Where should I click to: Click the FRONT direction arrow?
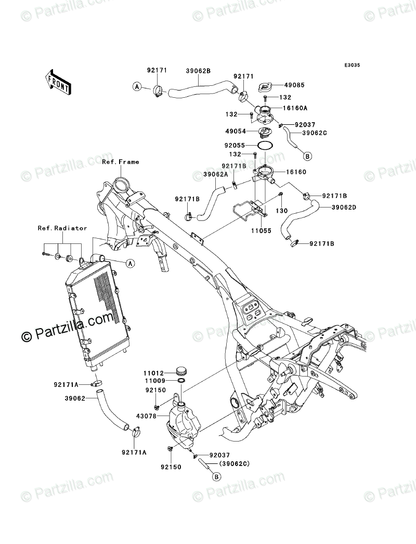point(58,81)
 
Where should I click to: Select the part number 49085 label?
point(294,85)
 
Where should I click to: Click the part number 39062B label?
point(198,71)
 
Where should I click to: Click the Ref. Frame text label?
point(121,162)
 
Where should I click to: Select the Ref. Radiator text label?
point(62,228)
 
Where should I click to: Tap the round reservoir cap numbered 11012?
point(181,371)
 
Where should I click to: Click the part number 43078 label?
point(156,416)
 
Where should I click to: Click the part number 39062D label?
point(344,208)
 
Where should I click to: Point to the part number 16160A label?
point(295,108)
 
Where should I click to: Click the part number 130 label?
point(281,211)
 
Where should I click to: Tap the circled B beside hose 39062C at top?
point(307,157)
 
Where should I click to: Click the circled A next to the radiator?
point(130,264)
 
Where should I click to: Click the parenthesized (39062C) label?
point(235,463)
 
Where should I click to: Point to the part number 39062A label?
point(216,175)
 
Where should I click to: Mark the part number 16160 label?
point(296,172)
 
